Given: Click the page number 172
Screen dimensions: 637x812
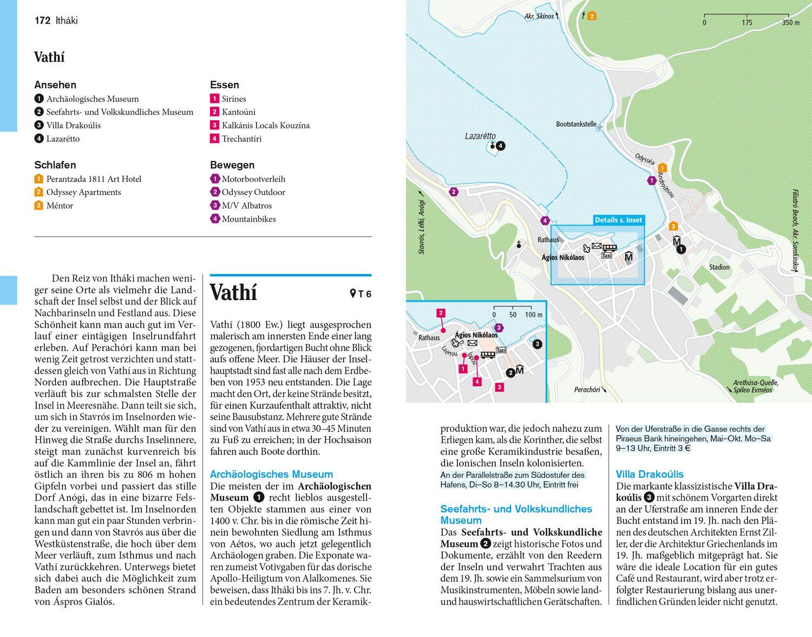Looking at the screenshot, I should (x=42, y=21).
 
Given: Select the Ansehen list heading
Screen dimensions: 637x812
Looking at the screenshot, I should (x=55, y=84).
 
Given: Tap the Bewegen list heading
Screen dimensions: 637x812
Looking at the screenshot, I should (x=232, y=165).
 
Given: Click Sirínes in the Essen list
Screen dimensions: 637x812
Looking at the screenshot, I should (x=234, y=99).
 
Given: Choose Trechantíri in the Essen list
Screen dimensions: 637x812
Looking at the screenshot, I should (x=241, y=139).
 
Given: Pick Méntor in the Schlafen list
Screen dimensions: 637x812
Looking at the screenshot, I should (x=60, y=205).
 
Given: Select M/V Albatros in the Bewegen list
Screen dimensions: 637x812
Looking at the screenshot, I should (x=246, y=205).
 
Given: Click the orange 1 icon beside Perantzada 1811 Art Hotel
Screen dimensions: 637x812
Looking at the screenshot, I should (x=38, y=179).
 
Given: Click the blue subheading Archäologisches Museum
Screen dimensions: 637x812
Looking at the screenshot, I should (x=271, y=474).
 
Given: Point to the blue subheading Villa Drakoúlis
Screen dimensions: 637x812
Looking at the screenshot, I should (x=650, y=474).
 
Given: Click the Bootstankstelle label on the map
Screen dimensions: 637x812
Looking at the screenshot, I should (x=576, y=124).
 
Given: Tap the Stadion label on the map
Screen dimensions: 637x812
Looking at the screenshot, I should (x=719, y=267).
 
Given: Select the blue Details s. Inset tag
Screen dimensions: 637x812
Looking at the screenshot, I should (x=618, y=220).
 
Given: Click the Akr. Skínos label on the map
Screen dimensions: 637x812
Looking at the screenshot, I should (x=539, y=16).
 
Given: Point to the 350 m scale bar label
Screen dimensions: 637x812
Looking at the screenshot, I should (x=790, y=23).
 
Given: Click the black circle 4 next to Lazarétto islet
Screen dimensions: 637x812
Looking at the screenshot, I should (x=501, y=145).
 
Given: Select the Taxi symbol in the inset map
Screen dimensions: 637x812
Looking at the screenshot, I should (x=501, y=350).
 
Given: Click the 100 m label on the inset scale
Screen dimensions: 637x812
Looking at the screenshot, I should (x=533, y=315).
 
